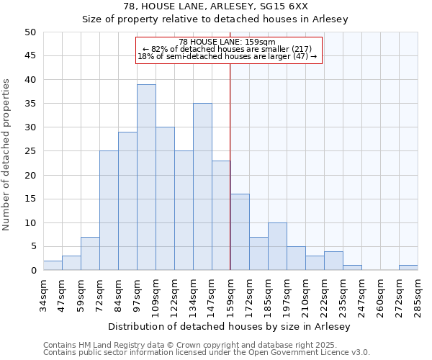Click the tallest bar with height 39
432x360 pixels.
[x=146, y=177]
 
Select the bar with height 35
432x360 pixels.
[x=202, y=186]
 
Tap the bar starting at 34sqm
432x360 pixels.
[x=53, y=266]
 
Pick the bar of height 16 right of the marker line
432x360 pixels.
[x=240, y=232]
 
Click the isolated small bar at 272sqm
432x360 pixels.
[x=408, y=268]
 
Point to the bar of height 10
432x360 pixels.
[x=277, y=246]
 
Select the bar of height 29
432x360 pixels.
[x=127, y=201]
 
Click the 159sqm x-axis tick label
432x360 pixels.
[x=230, y=293]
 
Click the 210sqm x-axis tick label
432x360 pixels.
[x=305, y=293]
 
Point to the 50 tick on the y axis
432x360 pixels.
[x=30, y=32]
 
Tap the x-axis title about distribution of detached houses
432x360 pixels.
[x=230, y=327]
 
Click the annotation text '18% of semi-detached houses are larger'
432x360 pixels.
[x=227, y=56]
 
